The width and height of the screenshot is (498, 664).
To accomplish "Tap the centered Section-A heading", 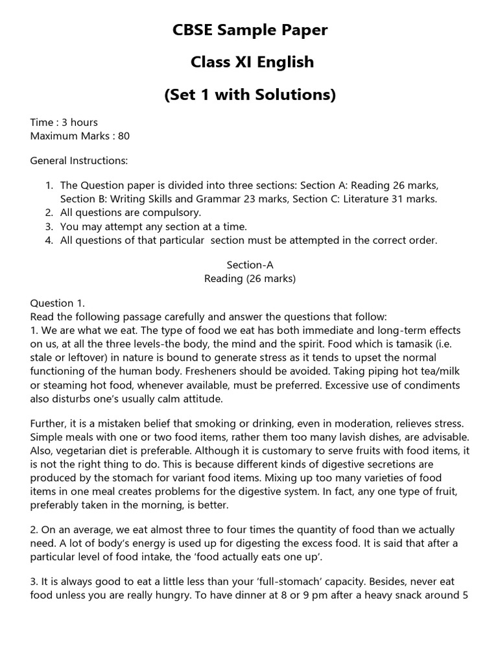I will (250, 265).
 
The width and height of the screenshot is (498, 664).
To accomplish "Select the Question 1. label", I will (57, 303).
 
